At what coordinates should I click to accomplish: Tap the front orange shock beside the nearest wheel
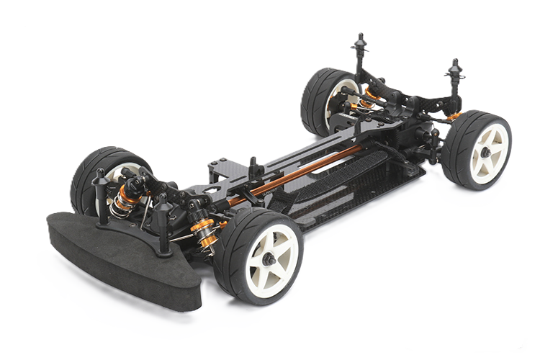[x=204, y=230]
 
